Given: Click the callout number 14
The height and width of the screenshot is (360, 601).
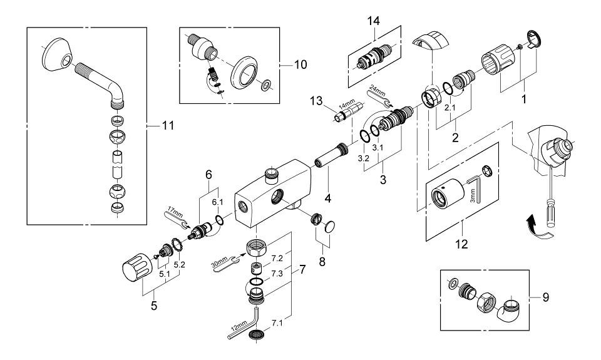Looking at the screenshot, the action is [373, 21].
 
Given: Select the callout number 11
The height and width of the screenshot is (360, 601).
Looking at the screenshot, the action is [168, 125].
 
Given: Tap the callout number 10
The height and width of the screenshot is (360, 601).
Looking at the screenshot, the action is [300, 64].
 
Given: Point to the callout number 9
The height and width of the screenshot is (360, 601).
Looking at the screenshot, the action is [545, 297].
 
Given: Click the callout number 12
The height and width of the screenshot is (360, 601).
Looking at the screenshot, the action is [461, 244].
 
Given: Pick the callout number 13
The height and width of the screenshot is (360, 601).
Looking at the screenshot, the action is [317, 101].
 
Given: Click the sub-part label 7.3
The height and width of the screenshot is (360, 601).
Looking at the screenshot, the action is [277, 274].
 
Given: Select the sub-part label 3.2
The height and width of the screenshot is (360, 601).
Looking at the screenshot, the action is [363, 158].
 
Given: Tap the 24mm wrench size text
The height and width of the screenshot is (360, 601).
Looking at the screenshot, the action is [378, 92].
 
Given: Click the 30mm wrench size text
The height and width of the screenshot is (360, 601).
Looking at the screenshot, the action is [219, 264].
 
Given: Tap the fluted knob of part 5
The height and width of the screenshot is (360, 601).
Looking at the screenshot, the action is [136, 265].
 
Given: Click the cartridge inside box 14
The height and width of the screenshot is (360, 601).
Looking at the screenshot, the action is [373, 57].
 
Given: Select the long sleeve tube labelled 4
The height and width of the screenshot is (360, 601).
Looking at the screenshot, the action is [332, 155].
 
